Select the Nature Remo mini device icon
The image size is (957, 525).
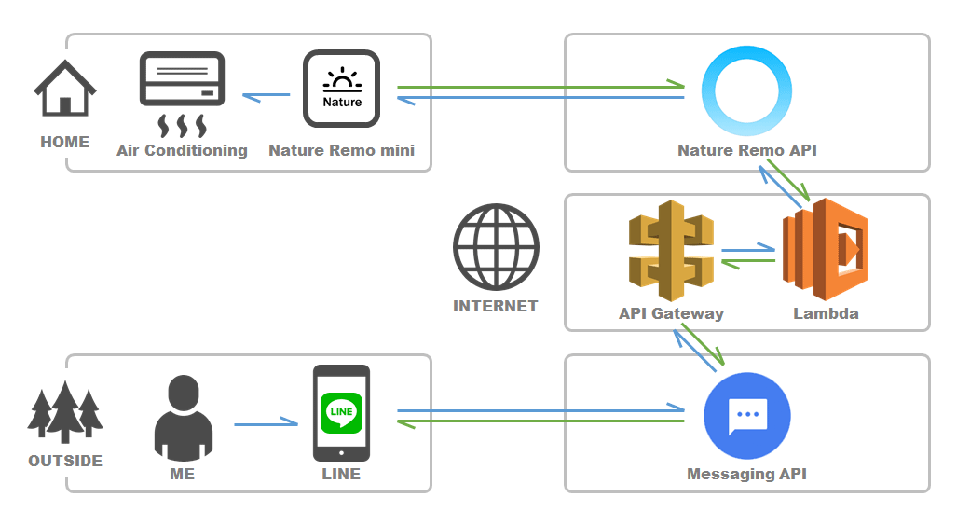pos(341,89)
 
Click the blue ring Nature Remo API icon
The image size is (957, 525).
pos(746,90)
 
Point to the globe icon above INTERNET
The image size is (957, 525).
pos(496,247)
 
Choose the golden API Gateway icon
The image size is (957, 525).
pos(671,250)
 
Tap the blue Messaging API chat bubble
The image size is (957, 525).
pos(746,415)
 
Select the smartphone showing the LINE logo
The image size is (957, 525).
pos(341,413)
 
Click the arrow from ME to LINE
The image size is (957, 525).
pos(266,425)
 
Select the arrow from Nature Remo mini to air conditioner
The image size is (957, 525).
pos(266,95)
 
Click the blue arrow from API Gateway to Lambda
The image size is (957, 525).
pos(748,250)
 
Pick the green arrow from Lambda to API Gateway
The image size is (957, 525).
pos(748,263)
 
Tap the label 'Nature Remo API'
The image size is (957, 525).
pos(746,150)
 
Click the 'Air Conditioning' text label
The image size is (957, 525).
pos(182,150)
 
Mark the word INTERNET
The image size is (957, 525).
pos(495,306)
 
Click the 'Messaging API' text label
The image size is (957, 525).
pos(746,474)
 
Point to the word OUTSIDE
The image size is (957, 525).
pos(65,461)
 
